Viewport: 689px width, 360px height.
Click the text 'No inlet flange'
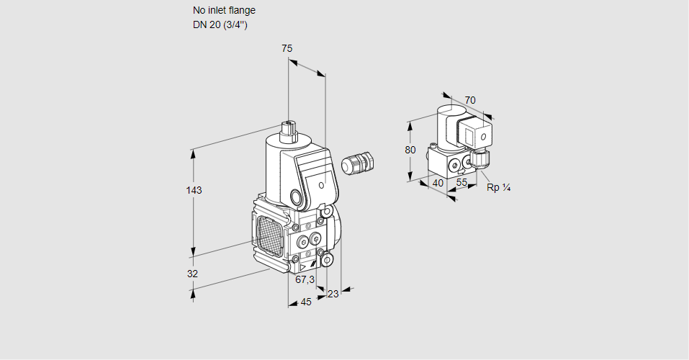pos(224,11)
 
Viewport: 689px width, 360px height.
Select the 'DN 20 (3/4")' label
pos(220,25)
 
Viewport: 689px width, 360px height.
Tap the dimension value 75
pos(287,48)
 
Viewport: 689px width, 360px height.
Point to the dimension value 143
pos(194,190)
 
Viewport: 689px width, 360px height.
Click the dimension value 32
pos(192,274)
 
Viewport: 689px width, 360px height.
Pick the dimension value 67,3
pos(305,279)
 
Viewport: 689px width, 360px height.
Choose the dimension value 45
pos(306,302)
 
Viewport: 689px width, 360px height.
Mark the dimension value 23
pos(333,293)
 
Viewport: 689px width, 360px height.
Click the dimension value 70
pos(470,100)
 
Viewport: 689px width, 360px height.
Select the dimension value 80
pos(410,150)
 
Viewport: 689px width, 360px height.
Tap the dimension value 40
pos(438,183)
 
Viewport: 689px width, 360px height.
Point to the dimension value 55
pos(462,183)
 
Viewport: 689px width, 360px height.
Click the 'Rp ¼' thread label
pos(498,188)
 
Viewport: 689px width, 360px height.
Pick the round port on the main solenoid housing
pos(296,196)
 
